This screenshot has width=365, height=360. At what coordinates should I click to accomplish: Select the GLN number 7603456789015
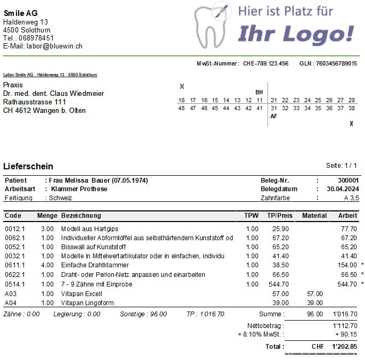pyautogui.click(x=336, y=63)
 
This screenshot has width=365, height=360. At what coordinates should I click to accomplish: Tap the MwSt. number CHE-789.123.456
pyautogui.click(x=266, y=63)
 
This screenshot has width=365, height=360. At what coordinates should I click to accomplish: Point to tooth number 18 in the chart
pyautogui.click(x=181, y=100)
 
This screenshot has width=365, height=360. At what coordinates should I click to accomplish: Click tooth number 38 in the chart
pyautogui.click(x=352, y=108)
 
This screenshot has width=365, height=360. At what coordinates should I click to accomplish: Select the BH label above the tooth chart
pyautogui.click(x=259, y=92)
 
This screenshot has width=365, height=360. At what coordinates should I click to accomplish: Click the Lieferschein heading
pyautogui.click(x=28, y=167)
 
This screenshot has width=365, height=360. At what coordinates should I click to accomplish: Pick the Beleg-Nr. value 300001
pyautogui.click(x=349, y=181)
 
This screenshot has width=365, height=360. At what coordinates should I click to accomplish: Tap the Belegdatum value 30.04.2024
pyautogui.click(x=343, y=189)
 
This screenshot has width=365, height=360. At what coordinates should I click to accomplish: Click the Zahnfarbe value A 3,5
pyautogui.click(x=351, y=198)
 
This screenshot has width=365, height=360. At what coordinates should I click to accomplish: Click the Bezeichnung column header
pyautogui.click(x=81, y=216)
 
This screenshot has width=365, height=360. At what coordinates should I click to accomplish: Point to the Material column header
pyautogui.click(x=314, y=216)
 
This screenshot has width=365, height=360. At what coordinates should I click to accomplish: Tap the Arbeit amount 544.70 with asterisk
pyautogui.click(x=347, y=284)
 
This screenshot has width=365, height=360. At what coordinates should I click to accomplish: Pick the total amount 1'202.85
pyautogui.click(x=344, y=346)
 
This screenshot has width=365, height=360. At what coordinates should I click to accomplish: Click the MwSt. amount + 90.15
pyautogui.click(x=346, y=334)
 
